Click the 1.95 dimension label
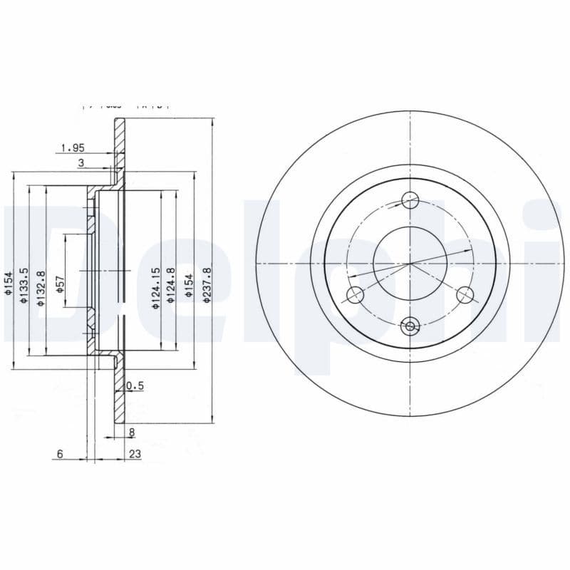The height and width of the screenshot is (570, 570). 73,148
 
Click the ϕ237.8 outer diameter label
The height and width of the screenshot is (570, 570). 207,285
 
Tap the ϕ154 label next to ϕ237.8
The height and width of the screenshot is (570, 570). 190,285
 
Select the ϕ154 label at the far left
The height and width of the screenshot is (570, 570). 9,283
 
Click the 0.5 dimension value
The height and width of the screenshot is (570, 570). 135,386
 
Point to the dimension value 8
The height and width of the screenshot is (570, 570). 132,432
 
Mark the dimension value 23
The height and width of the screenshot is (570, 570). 135,454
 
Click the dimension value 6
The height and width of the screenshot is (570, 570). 61,454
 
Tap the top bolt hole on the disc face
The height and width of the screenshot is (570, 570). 410,200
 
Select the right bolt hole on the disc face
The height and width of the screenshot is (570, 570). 465,294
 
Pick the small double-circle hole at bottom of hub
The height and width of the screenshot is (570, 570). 410,327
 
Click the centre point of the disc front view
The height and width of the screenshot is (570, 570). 410,264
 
